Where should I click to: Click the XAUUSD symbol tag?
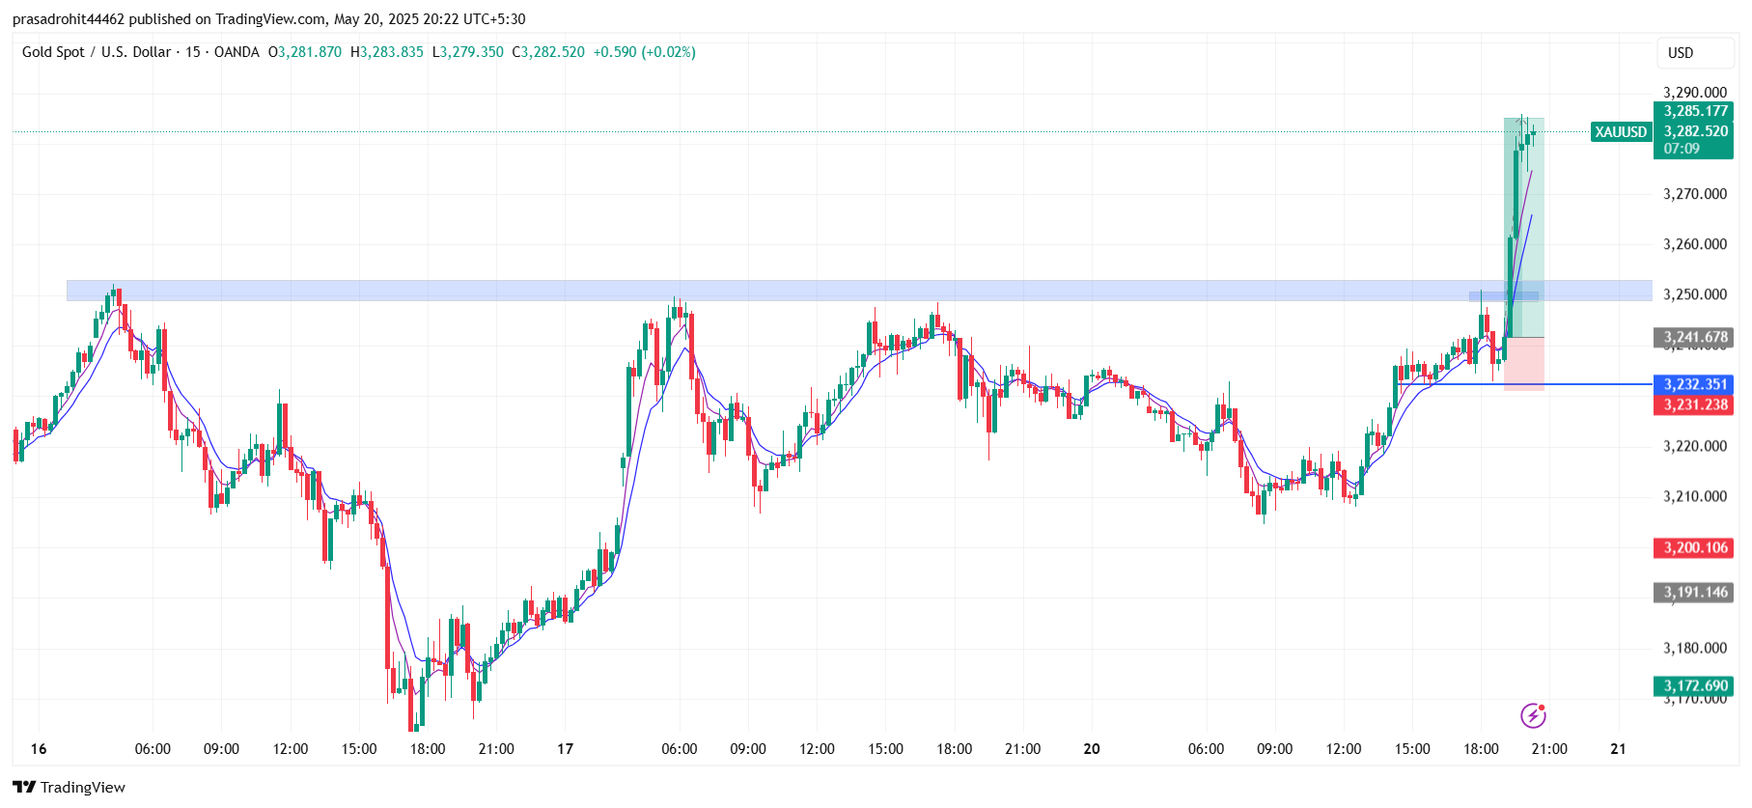tap(1621, 132)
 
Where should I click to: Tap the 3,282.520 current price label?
tap(1695, 131)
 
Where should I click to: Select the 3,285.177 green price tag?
tap(1695, 111)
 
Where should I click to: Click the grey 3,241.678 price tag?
tap(1695, 337)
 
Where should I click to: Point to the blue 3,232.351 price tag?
tap(1695, 384)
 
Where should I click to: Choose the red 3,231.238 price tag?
tap(1695, 404)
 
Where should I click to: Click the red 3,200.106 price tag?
tap(1695, 547)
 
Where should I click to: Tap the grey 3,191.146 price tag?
tap(1695, 592)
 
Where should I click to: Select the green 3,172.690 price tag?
tap(1695, 685)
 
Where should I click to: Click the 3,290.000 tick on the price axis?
tap(1695, 93)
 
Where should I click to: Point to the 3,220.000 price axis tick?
tap(1695, 446)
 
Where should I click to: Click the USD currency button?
tap(1681, 53)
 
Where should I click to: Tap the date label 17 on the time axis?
tap(566, 749)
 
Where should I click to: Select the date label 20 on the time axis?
tap(1092, 749)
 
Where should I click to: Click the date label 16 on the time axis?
tap(39, 749)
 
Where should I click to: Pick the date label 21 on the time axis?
tap(1619, 749)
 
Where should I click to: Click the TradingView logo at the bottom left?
tap(70, 787)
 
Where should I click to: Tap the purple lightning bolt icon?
tap(1533, 715)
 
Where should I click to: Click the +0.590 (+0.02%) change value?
tap(644, 52)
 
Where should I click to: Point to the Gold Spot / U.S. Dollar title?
tap(97, 52)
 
